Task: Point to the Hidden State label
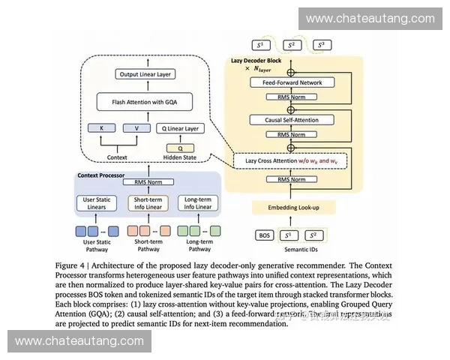pos(180,158)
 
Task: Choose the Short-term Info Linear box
pos(148,202)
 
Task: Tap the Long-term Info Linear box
pos(198,202)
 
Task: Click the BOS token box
pos(265,235)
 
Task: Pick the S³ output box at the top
pos(322,45)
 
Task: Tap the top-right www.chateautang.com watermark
pos(370,18)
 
